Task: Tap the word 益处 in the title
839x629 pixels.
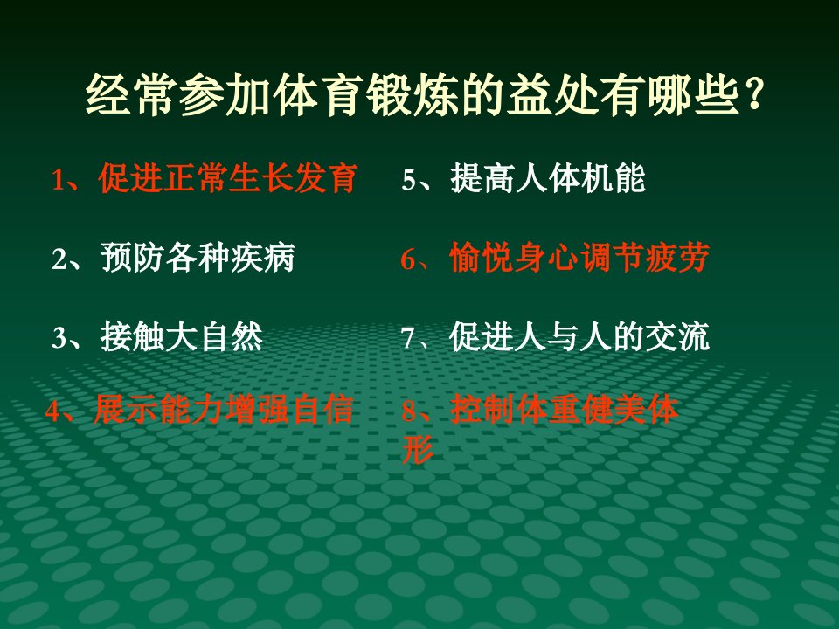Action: click(x=552, y=95)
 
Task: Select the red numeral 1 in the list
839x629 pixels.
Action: click(x=58, y=180)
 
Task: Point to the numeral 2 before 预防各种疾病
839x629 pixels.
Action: click(x=59, y=259)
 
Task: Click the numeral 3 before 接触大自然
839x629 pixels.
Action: click(x=59, y=338)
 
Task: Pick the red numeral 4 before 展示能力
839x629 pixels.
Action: click(x=52, y=411)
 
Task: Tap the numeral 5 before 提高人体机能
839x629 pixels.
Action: click(x=409, y=180)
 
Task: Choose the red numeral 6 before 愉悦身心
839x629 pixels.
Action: click(x=408, y=259)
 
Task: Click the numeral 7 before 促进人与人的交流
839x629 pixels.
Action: click(x=408, y=338)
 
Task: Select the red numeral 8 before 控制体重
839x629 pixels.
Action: click(x=409, y=411)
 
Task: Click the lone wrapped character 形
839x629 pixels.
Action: click(x=418, y=449)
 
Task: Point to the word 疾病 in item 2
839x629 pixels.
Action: click(x=263, y=258)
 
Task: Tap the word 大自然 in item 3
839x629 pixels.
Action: click(x=214, y=337)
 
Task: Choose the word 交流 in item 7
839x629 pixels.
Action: click(x=677, y=337)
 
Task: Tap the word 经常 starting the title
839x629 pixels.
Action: click(x=132, y=95)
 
